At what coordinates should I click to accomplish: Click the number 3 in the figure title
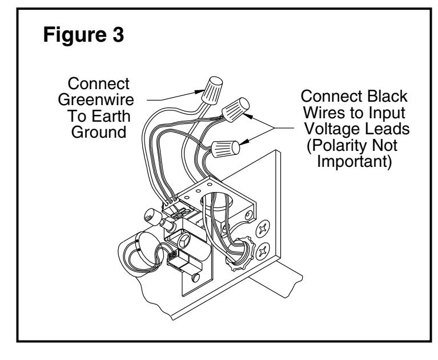click(x=118, y=34)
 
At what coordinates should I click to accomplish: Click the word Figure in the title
click(x=75, y=35)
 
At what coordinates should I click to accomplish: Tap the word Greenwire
click(x=96, y=100)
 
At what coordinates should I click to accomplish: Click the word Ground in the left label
click(x=99, y=133)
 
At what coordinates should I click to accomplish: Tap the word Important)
click(x=354, y=162)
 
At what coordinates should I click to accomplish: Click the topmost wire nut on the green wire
click(x=212, y=90)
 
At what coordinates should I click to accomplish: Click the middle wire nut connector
click(x=235, y=110)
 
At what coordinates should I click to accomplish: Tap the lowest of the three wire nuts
click(x=225, y=149)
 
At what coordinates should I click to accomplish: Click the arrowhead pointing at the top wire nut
click(x=199, y=91)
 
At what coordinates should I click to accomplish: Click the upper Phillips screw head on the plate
click(x=263, y=229)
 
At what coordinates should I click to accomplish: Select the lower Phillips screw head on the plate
click(x=263, y=251)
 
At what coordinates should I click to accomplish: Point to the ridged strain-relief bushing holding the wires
click(x=240, y=253)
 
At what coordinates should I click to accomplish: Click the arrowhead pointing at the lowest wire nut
click(x=244, y=142)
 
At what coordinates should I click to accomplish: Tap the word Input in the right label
click(x=387, y=113)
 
